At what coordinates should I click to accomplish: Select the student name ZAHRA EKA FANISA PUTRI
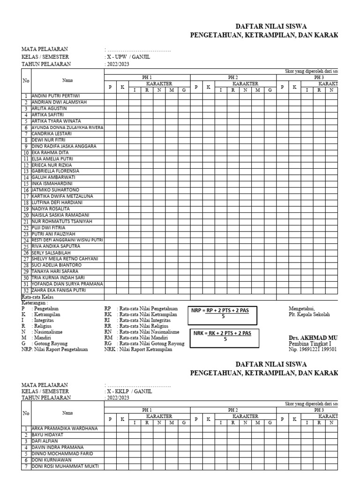pyautogui.click(x=59, y=291)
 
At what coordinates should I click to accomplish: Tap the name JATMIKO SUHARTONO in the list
pyautogui.click(x=55, y=190)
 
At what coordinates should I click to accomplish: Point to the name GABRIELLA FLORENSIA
pyautogui.click(x=55, y=171)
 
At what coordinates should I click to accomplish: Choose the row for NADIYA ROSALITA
pyautogui.click(x=50, y=209)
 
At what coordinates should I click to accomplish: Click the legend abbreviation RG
pyautogui.click(x=108, y=343)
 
